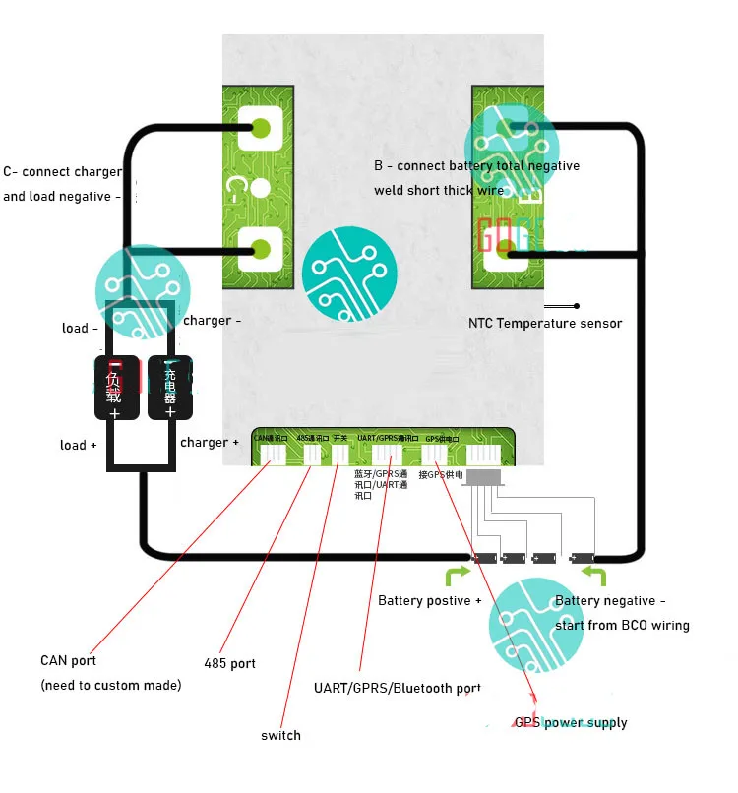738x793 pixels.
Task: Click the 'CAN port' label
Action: click(69, 660)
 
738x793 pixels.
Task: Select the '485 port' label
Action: click(229, 663)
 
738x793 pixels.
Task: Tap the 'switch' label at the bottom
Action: click(280, 735)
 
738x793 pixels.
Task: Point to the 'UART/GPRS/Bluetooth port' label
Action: click(398, 688)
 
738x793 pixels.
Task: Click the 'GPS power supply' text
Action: click(571, 723)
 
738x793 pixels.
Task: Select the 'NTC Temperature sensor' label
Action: click(545, 323)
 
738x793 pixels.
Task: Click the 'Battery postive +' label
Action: click(430, 600)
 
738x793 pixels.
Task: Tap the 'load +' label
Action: click(79, 445)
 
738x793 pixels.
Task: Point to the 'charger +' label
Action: click(210, 443)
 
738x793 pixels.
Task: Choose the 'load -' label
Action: click(80, 328)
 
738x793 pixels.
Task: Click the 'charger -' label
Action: click(212, 320)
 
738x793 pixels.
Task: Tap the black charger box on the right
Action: click(169, 387)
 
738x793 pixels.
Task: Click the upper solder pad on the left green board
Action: click(262, 128)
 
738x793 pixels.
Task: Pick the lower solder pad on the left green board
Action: click(262, 248)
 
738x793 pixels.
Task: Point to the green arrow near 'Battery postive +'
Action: click(456, 575)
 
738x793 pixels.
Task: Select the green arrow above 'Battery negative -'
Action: click(594, 575)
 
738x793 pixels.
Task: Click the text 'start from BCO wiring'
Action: click(622, 625)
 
